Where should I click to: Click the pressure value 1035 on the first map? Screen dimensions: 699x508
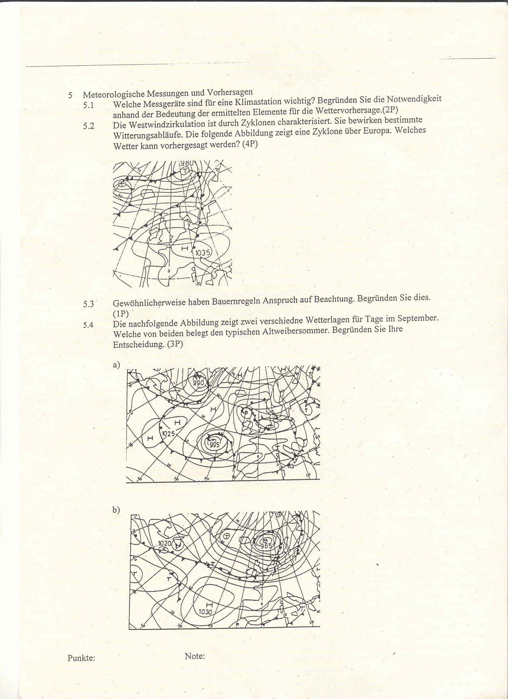coord(203,253)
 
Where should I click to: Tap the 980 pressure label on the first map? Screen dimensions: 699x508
coord(186,163)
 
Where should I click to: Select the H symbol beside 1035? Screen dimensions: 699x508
coord(184,249)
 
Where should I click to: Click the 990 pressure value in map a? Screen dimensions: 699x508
coord(198,383)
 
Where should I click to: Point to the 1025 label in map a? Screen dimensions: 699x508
coord(168,434)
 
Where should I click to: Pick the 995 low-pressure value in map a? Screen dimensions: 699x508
coord(214,445)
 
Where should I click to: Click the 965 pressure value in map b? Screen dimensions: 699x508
coord(266,546)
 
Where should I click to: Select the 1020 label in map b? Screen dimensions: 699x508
coord(164,543)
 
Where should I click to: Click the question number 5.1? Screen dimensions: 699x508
coord(88,105)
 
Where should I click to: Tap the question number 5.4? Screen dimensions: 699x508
coord(88,325)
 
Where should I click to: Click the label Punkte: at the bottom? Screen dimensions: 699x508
coord(81,658)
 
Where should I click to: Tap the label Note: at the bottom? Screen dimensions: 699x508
coord(195,656)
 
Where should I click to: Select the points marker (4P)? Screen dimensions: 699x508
coord(250,144)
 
